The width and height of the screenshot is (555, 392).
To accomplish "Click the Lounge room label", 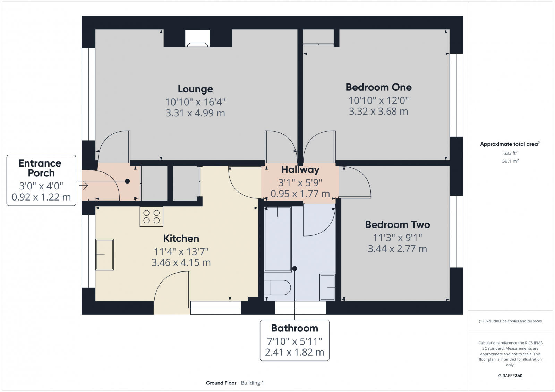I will [195, 89].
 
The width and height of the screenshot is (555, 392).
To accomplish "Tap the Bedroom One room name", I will [378, 87].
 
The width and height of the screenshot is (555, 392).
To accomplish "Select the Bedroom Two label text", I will [397, 225].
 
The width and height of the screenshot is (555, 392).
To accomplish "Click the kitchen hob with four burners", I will [152, 217].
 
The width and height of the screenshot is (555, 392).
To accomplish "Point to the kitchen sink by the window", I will [104, 255].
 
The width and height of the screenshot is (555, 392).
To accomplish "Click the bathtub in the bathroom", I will [277, 239].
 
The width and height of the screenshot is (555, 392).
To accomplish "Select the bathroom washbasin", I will [327, 287].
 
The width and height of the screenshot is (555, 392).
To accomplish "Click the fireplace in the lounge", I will [197, 38].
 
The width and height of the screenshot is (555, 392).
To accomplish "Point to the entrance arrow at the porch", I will [84, 186].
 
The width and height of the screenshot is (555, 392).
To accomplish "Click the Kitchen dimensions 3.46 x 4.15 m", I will [181, 262].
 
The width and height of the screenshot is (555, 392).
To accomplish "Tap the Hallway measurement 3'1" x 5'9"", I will [300, 182].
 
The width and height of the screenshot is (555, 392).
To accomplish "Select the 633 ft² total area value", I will [510, 153].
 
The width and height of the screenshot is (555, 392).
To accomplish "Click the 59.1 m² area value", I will [510, 161].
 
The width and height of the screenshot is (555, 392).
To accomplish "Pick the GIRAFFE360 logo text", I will [510, 376].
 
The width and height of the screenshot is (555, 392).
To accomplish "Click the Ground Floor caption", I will [221, 383].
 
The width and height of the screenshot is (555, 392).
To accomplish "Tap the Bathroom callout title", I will [294, 328].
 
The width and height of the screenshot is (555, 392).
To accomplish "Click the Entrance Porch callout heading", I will [40, 168].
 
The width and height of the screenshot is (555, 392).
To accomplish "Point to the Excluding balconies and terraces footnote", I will [510, 321].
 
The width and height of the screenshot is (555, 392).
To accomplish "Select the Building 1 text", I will [252, 383].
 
